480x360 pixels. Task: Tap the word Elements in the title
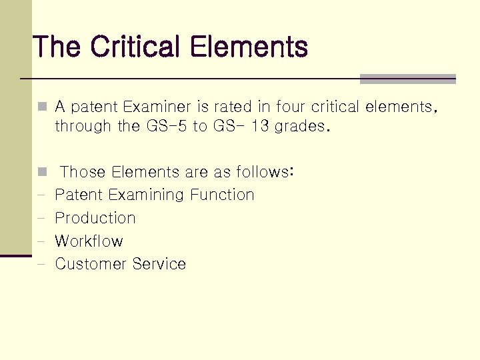coord(249,47)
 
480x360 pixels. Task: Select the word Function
coord(222,195)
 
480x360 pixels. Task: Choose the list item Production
coord(95,218)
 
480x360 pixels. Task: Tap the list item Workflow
coord(89,241)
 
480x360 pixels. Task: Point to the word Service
coord(159,264)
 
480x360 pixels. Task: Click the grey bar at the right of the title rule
coord(407,79)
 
